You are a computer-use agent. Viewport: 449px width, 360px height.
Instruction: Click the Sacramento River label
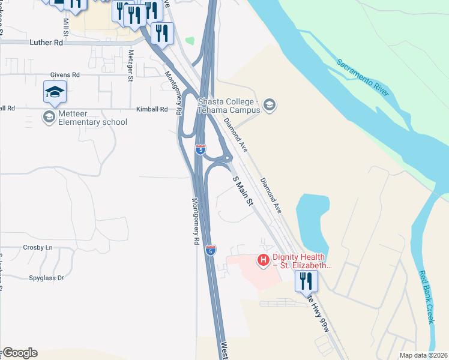(363, 77)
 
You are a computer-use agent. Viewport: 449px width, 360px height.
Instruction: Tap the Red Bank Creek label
(427, 297)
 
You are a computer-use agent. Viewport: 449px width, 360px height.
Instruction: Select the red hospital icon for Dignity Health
(262, 260)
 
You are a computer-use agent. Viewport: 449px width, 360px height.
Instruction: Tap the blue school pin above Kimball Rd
(55, 92)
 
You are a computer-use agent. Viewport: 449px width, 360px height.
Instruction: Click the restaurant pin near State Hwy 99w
(306, 280)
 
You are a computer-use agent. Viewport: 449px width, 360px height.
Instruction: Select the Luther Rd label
(46, 43)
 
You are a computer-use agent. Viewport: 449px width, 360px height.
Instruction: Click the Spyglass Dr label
(46, 278)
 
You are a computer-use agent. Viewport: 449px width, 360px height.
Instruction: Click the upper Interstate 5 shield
(200, 148)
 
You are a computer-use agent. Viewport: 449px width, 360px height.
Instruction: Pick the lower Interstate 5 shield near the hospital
(210, 250)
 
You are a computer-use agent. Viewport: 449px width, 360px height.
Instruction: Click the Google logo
(20, 353)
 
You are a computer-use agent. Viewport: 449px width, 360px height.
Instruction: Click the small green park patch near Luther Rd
(190, 41)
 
